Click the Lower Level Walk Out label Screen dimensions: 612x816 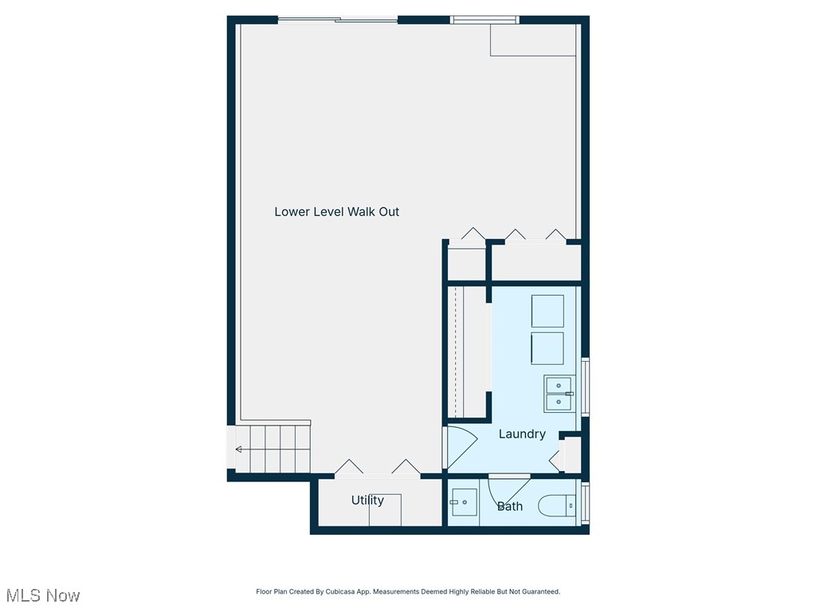(x=336, y=212)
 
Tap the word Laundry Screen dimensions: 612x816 (x=522, y=434)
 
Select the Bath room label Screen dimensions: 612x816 (x=510, y=506)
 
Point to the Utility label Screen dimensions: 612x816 (x=367, y=500)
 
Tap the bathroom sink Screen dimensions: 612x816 (x=464, y=503)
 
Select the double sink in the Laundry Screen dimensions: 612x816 (x=559, y=393)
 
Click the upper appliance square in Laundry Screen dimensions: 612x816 (x=547, y=311)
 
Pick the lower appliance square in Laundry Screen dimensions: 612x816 (x=547, y=348)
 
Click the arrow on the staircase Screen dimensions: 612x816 (x=239, y=449)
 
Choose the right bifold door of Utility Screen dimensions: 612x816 (x=406, y=468)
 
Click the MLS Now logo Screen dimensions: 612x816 (x=43, y=595)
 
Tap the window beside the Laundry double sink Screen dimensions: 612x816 (x=586, y=387)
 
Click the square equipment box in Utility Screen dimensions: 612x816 (x=385, y=510)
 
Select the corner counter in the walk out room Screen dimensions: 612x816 (x=532, y=40)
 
